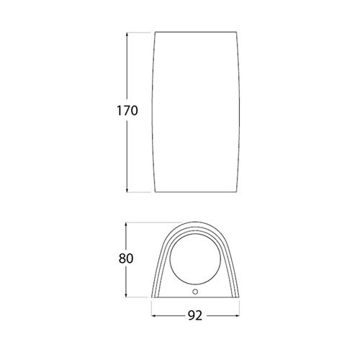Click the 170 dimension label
coord(127,111)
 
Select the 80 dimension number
coord(126,258)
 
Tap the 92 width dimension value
coord(195,316)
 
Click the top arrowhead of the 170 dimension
coord(127,35)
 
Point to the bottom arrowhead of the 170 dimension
coord(127,189)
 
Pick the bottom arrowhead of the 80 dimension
coord(126,294)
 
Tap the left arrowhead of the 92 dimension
coord(154,316)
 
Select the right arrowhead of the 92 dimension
coord(237,316)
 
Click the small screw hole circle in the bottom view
coord(195,292)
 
